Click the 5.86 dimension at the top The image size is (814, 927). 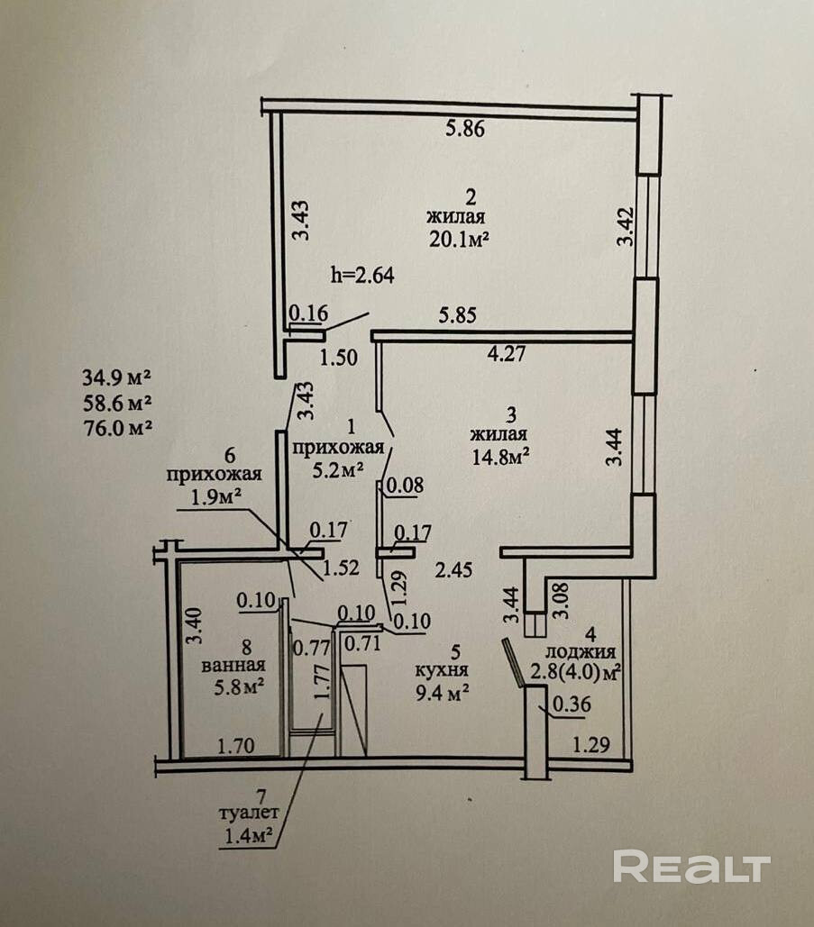465,129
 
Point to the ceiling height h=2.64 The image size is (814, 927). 363,275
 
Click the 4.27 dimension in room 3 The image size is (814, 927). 508,353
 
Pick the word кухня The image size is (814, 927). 441,670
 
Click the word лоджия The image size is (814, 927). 586,653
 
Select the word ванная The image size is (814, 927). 233,666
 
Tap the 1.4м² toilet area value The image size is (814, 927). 250,837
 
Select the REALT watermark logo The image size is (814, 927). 691,867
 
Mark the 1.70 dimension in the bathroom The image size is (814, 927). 233,745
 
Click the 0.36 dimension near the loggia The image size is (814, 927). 572,706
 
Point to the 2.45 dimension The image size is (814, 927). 453,569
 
